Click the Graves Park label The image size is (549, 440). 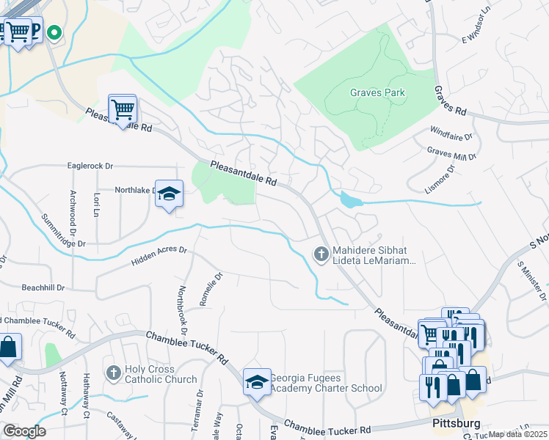[377, 93]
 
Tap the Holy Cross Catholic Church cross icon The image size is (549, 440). [113, 373]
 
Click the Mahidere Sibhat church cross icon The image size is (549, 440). [321, 254]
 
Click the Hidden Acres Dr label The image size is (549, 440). [159, 256]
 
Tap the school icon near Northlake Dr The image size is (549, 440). [169, 194]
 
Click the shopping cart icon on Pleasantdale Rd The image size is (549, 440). [123, 109]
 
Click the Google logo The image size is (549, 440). [24, 431]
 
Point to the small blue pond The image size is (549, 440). [349, 199]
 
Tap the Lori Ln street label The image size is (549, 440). [96, 206]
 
